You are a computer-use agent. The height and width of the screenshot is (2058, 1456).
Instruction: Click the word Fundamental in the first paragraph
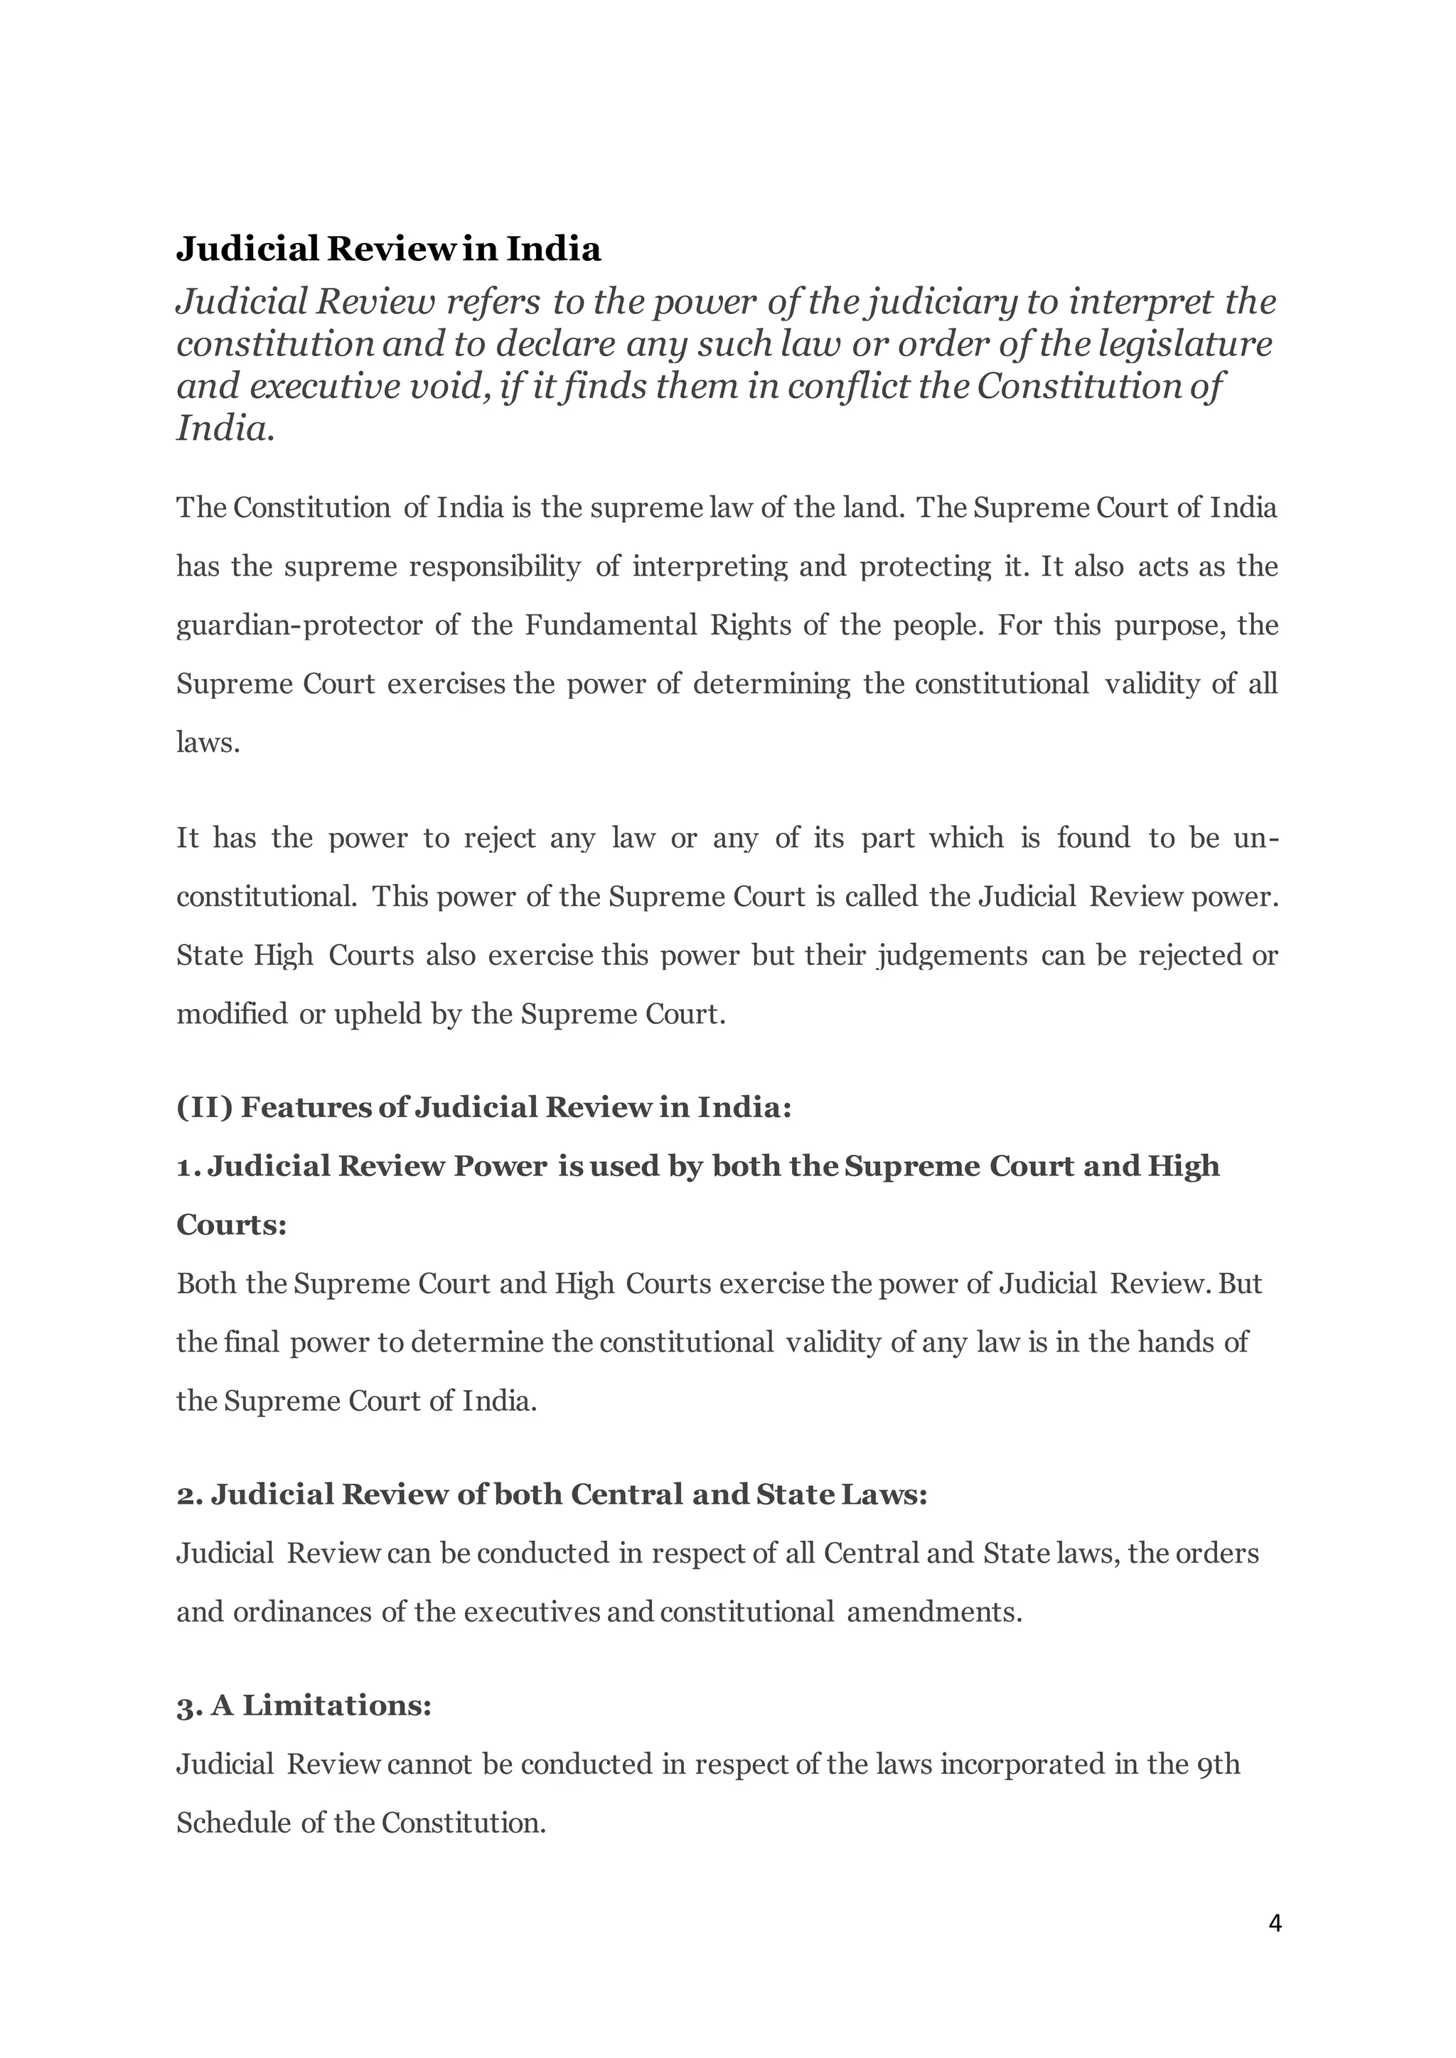[611, 625]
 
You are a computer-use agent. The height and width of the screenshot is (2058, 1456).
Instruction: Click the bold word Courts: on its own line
[231, 1224]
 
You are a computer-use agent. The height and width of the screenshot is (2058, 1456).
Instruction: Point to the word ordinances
[301, 1612]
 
